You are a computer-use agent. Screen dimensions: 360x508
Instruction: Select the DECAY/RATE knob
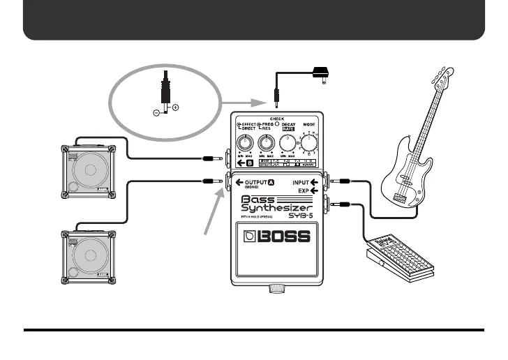coord(287,144)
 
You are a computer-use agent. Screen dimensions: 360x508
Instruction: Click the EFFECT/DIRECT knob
coord(245,143)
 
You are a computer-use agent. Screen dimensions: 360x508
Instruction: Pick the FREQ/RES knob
coord(266,143)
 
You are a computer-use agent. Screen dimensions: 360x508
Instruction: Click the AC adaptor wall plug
coord(322,71)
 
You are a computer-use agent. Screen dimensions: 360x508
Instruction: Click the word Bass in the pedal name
coord(257,198)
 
